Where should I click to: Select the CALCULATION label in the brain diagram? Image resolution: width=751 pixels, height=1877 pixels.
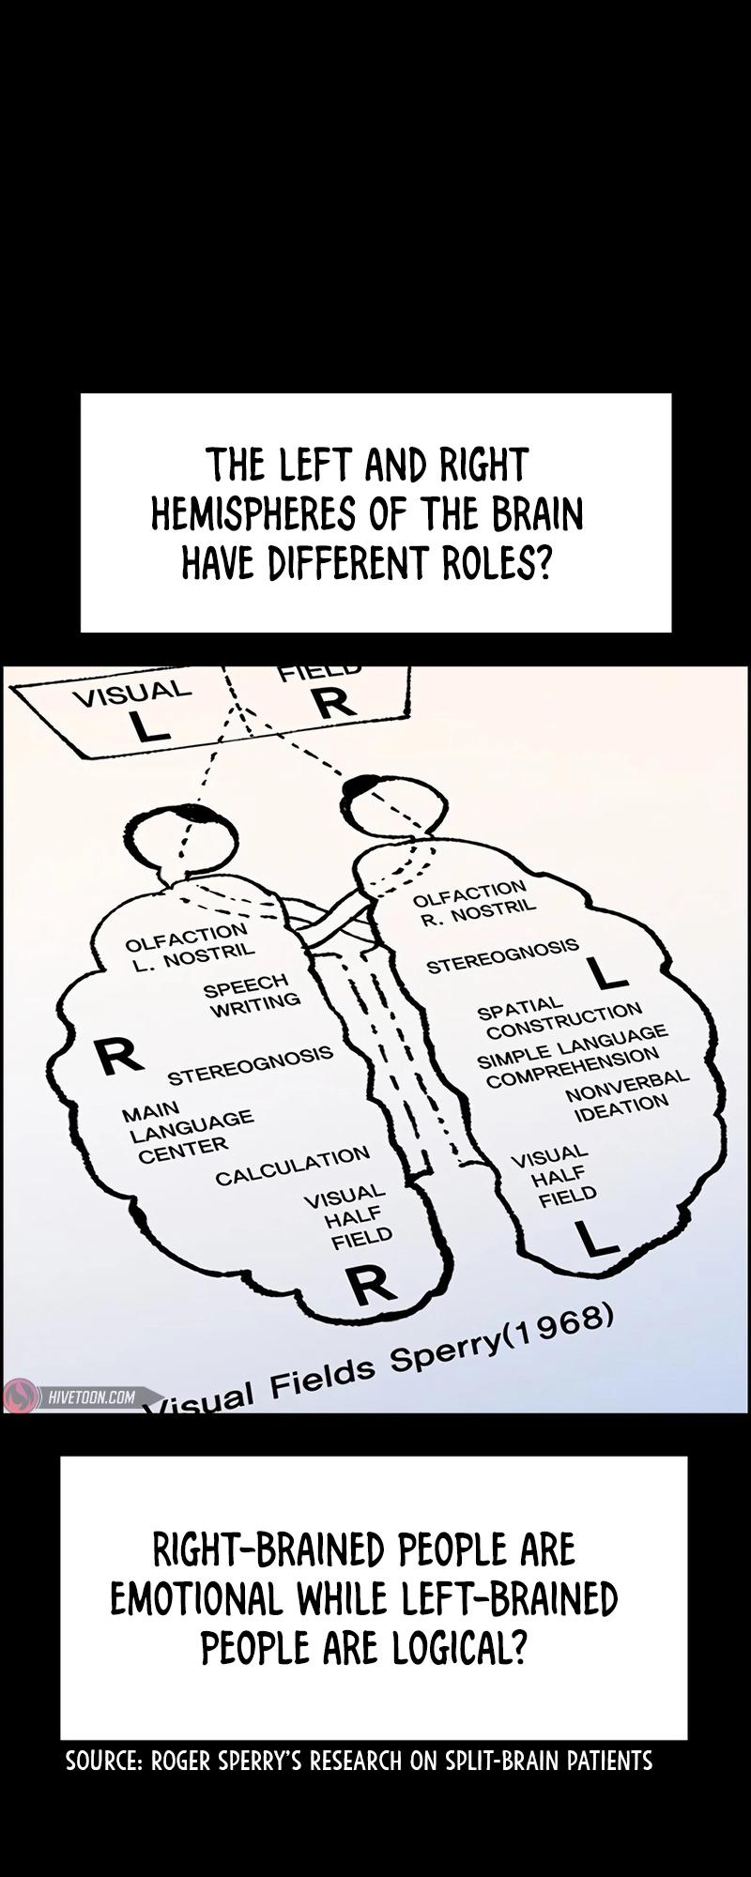(292, 1166)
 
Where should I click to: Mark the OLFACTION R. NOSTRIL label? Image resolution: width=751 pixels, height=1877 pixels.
(473, 901)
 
